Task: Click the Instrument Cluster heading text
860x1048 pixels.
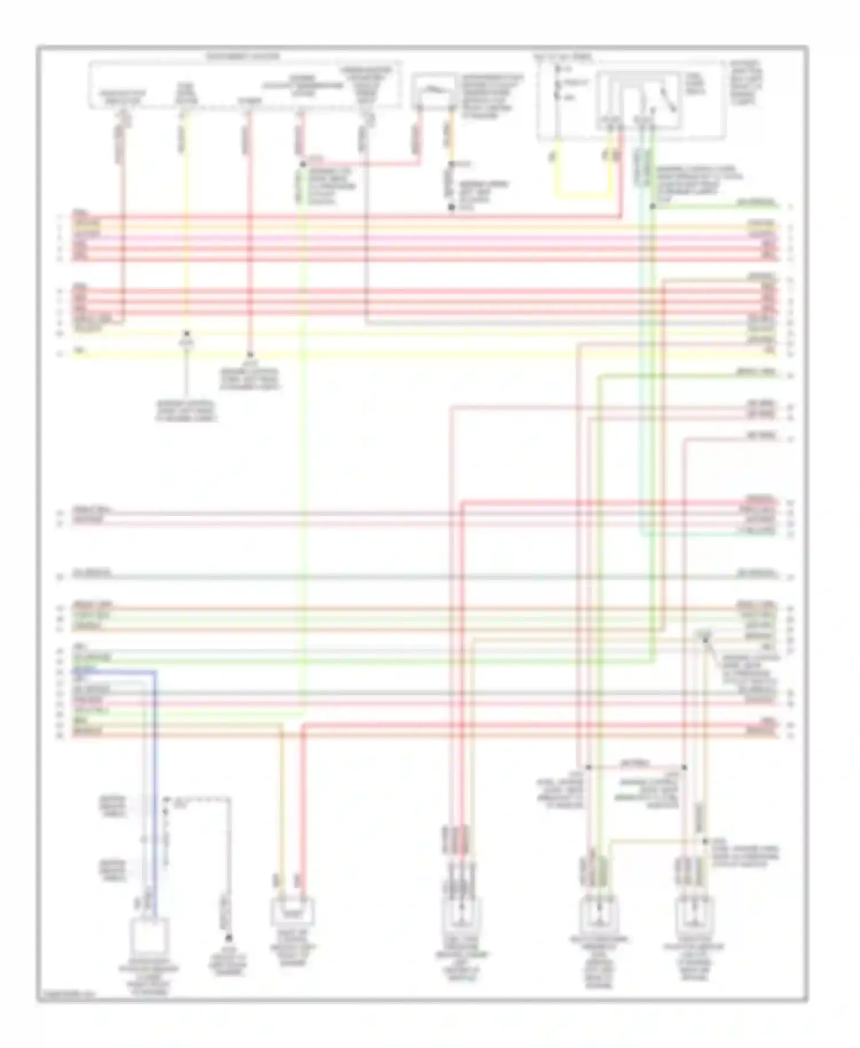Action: point(243,57)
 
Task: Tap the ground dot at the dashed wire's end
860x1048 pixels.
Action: point(229,938)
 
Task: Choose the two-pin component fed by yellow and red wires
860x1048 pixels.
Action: point(292,913)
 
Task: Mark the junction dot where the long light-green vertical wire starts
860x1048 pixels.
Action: point(302,165)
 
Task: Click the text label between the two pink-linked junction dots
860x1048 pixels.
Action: point(635,763)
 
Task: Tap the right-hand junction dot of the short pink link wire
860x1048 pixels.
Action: point(684,767)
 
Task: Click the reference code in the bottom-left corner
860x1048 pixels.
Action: point(68,996)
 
